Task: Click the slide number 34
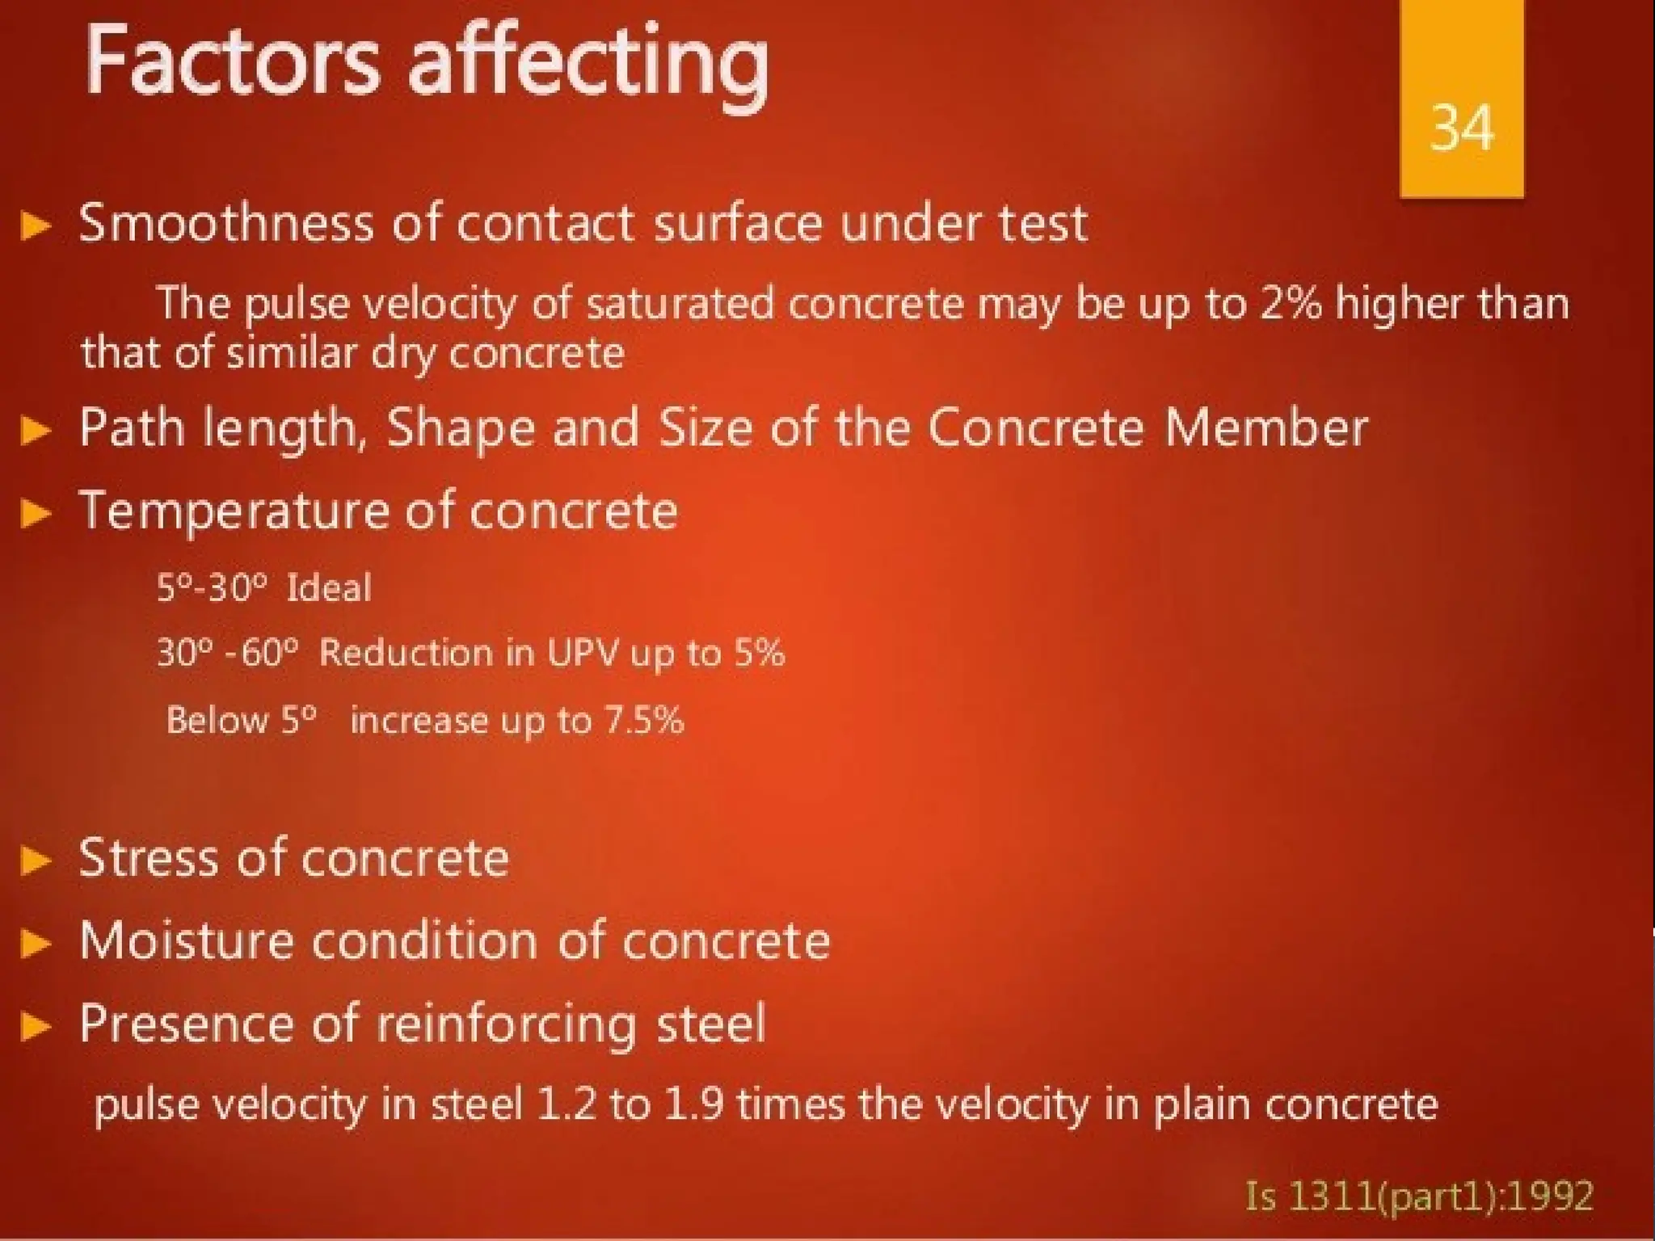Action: click(x=1461, y=128)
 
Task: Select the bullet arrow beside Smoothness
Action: click(x=35, y=225)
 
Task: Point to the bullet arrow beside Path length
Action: click(x=35, y=430)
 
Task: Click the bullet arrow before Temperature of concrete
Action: click(x=35, y=512)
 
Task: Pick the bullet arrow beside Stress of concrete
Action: click(x=35, y=860)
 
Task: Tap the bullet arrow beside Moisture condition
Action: click(x=35, y=943)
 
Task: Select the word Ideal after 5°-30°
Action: click(x=329, y=587)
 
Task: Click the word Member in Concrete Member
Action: click(x=1265, y=428)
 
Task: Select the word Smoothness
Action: click(x=226, y=223)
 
